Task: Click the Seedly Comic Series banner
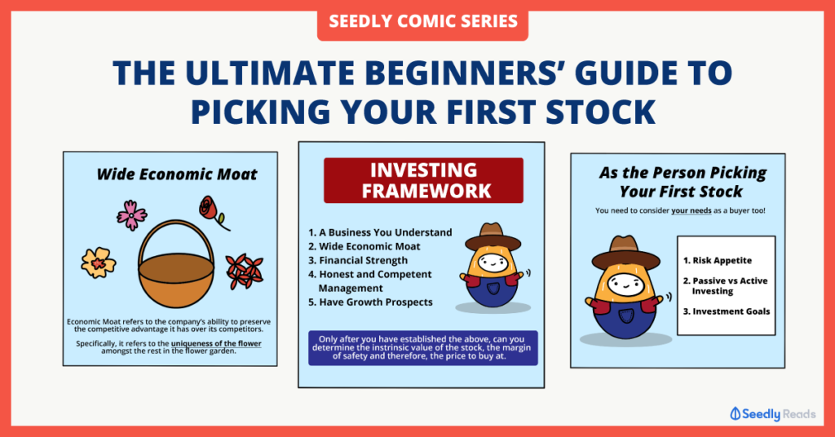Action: (x=422, y=21)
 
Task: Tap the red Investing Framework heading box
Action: (x=423, y=180)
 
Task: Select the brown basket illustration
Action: (x=176, y=264)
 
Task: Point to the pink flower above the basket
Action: (x=131, y=215)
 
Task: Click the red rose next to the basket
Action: (x=212, y=211)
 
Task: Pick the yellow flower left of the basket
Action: (x=99, y=263)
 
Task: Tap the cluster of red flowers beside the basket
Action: (x=245, y=271)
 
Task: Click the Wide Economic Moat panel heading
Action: (x=177, y=174)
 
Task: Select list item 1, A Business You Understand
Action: (x=380, y=232)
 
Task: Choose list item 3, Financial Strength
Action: (x=358, y=260)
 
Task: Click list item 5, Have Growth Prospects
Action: (x=371, y=302)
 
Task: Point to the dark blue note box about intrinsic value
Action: (x=423, y=347)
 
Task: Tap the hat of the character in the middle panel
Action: (x=493, y=237)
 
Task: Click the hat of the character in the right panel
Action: (x=625, y=253)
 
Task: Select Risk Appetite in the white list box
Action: (x=718, y=260)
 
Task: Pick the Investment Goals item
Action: (x=727, y=311)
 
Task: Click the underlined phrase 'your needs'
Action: (x=691, y=211)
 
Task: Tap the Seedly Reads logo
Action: (x=773, y=414)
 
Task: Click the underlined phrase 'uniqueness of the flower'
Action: (x=216, y=344)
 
